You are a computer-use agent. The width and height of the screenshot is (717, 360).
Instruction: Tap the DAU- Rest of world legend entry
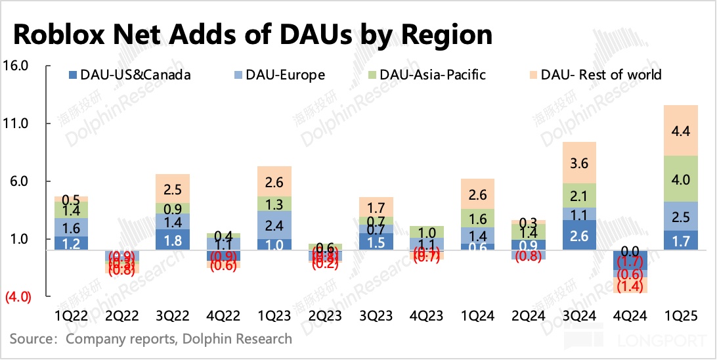pyautogui.click(x=594, y=75)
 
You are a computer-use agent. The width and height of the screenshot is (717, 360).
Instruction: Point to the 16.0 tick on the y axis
pyautogui.click(x=16, y=66)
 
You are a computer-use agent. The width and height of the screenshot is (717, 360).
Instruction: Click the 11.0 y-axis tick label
pyautogui.click(x=16, y=124)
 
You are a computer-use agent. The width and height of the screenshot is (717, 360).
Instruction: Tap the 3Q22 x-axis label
pyautogui.click(x=173, y=316)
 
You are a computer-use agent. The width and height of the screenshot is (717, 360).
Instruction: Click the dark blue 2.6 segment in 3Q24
pyautogui.click(x=579, y=235)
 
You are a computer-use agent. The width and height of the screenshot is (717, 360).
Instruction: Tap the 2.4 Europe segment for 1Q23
pyautogui.click(x=274, y=225)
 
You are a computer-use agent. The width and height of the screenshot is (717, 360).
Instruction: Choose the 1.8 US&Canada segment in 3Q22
pyautogui.click(x=173, y=240)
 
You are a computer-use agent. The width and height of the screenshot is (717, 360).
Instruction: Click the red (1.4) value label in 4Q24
pyautogui.click(x=630, y=285)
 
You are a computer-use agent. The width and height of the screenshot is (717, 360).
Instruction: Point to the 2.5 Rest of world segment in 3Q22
pyautogui.click(x=173, y=189)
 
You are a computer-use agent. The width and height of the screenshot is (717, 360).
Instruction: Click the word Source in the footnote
pyautogui.click(x=31, y=340)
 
